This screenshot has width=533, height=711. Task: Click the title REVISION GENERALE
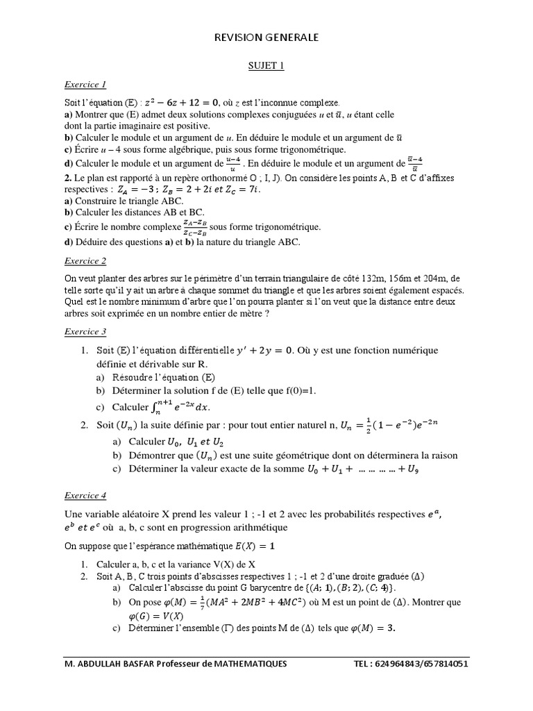pos(266,38)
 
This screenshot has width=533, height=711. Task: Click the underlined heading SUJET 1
pos(266,66)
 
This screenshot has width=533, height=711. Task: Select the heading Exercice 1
pos(85,85)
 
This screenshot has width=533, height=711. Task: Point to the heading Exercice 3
pos(85,332)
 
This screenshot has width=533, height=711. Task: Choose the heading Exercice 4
pos(85,496)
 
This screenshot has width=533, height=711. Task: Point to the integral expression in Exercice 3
pos(178,406)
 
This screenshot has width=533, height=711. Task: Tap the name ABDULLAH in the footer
pos(105,664)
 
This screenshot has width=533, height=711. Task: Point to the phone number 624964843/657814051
pos(423,664)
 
